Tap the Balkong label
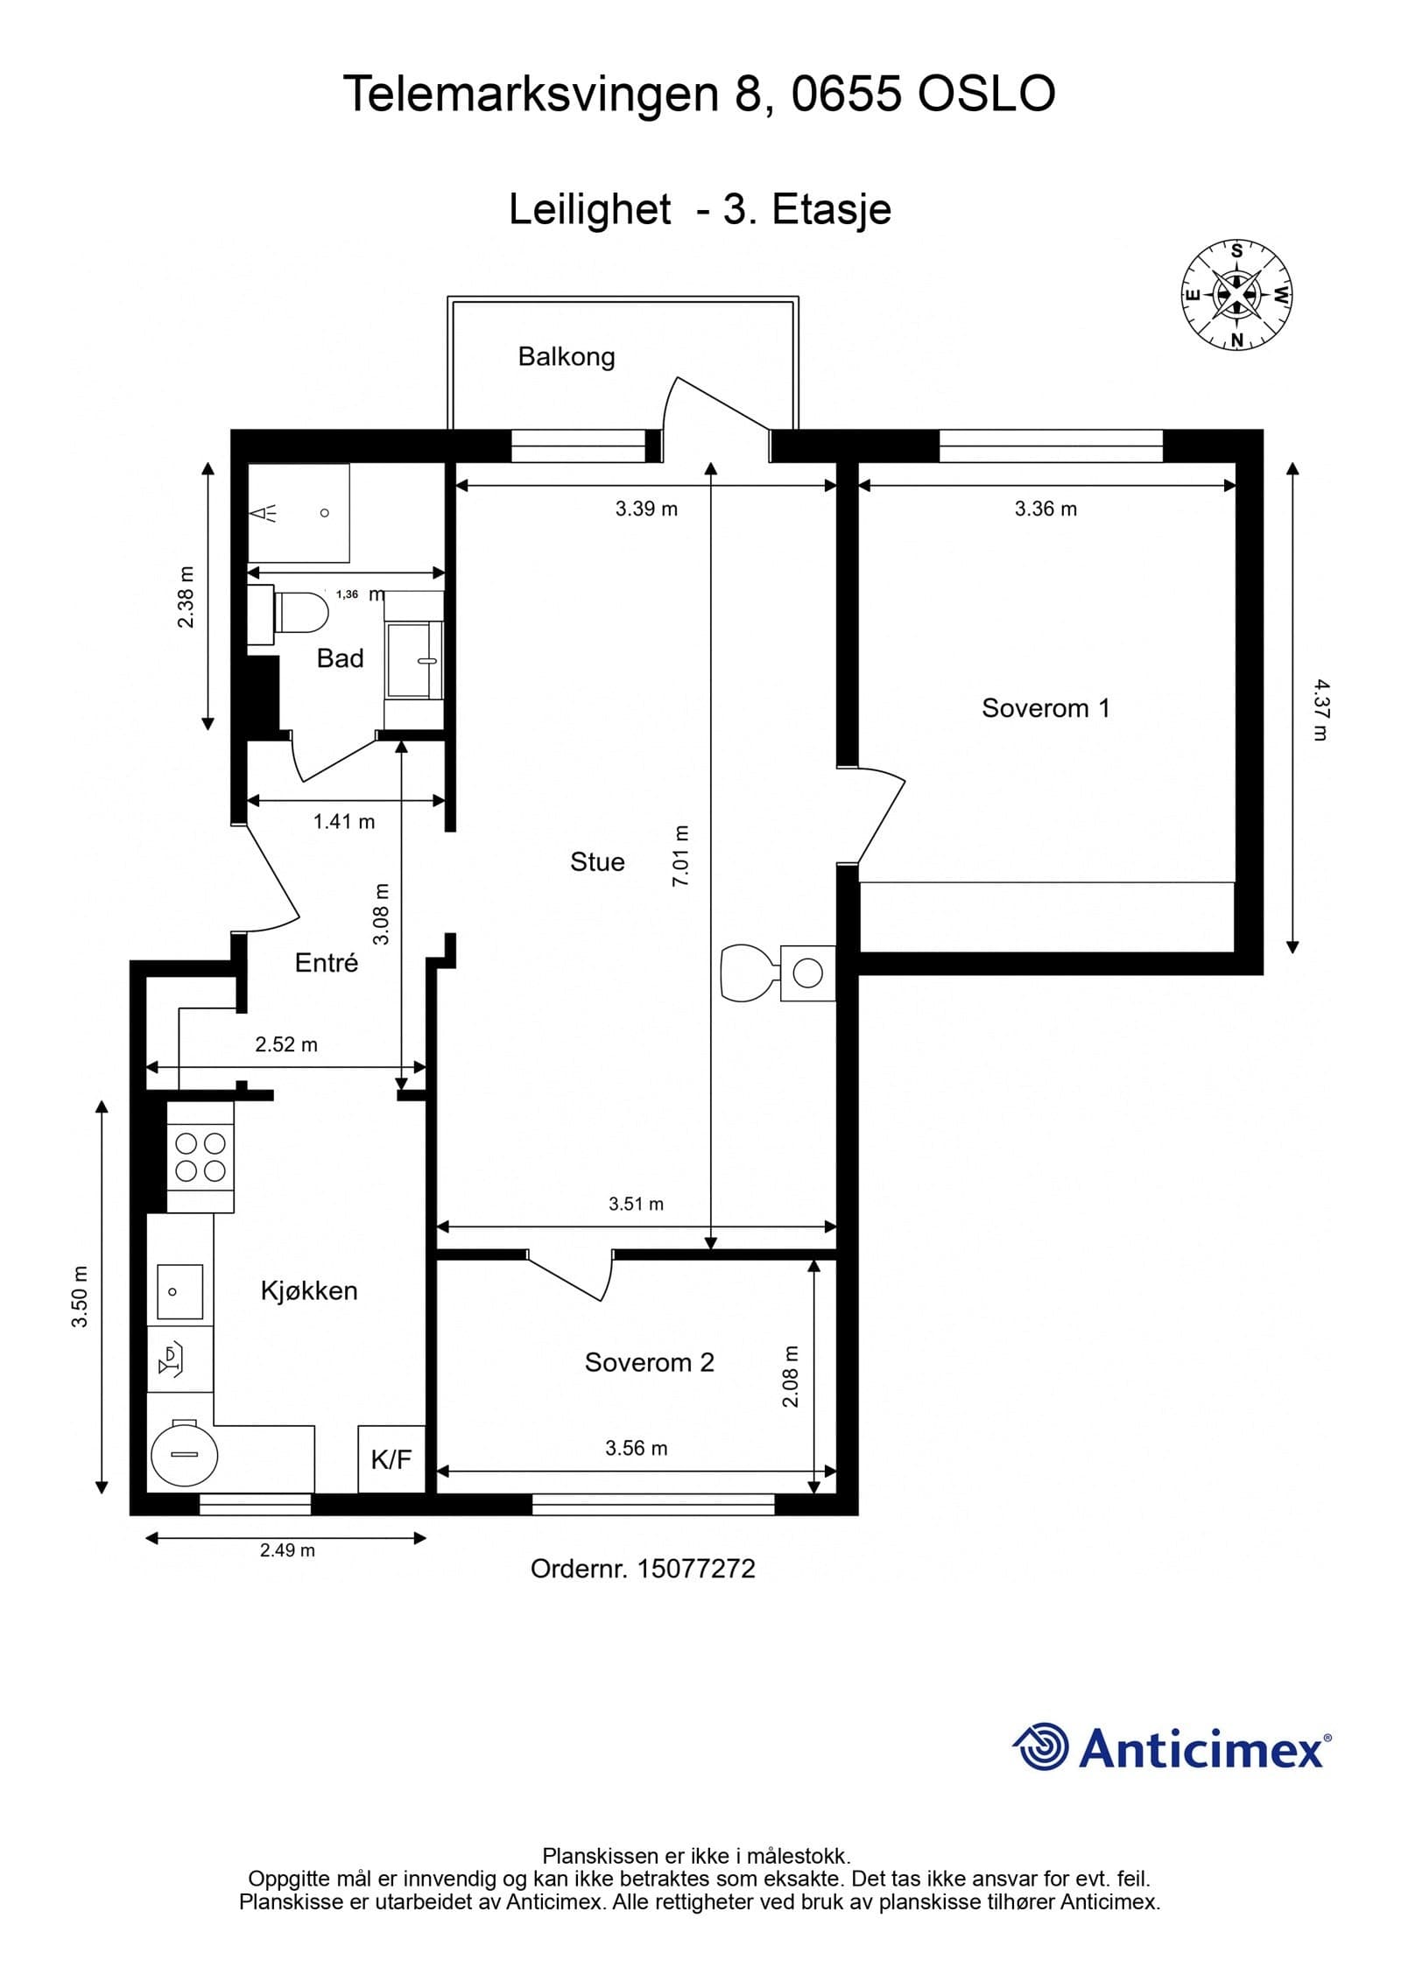pyautogui.click(x=566, y=356)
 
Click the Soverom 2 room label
pyautogui.click(x=649, y=1362)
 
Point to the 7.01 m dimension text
pyautogui.click(x=680, y=855)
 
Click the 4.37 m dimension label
pyautogui.click(x=1320, y=710)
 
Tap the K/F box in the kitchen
pyautogui.click(x=391, y=1459)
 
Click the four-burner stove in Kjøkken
pyautogui.click(x=201, y=1156)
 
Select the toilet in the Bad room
pyautogui.click(x=299, y=611)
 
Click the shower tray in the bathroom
pyautogui.click(x=299, y=512)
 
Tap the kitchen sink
pyautogui.click(x=180, y=1291)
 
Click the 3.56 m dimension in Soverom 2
pyautogui.click(x=636, y=1448)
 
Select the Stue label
pyautogui.click(x=597, y=861)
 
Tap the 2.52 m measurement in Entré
pyautogui.click(x=286, y=1043)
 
